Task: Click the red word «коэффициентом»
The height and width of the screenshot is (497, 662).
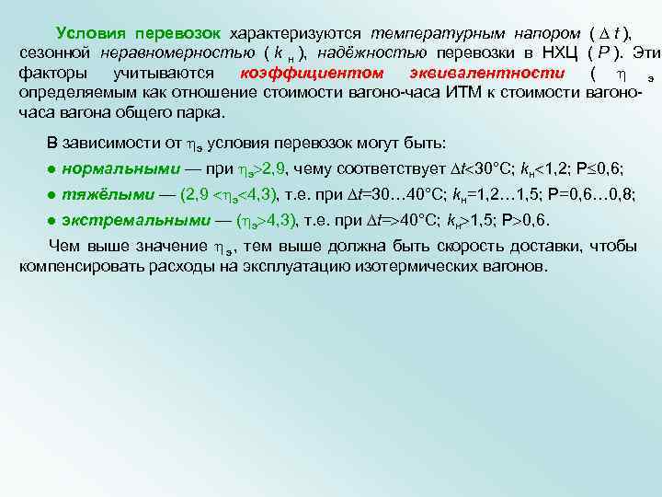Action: (x=302, y=73)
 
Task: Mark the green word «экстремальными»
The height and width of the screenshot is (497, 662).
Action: (x=130, y=221)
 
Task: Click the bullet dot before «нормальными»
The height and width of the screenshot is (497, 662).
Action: (x=53, y=169)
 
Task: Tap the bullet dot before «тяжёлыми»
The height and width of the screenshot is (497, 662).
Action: (x=53, y=195)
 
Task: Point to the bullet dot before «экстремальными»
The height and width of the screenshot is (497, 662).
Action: (x=53, y=221)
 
